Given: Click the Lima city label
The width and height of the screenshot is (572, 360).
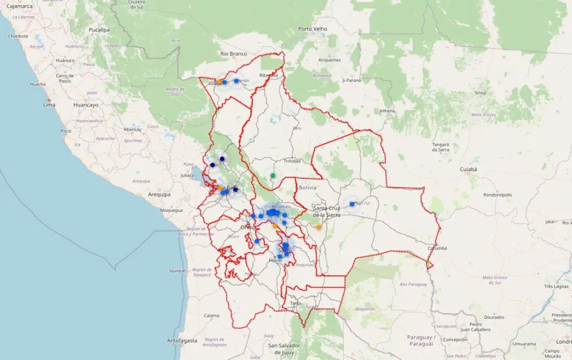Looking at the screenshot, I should [49, 105].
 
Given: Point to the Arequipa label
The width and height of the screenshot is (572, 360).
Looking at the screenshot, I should [159, 194].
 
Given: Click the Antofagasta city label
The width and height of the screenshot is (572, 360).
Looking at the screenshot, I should [182, 340].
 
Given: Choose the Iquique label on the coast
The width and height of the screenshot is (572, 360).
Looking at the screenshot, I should [177, 270].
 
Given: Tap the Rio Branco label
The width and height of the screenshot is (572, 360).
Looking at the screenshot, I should [234, 54].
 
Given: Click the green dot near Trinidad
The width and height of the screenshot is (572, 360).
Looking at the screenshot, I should [273, 175].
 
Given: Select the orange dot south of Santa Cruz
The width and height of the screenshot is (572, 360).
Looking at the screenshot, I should [319, 227].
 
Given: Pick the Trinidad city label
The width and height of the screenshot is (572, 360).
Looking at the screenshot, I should [292, 161].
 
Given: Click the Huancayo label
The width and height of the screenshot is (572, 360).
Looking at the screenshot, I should [86, 105].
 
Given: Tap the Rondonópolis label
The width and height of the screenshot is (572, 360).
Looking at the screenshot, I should [498, 195].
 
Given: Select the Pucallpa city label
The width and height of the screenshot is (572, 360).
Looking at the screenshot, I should [99, 29].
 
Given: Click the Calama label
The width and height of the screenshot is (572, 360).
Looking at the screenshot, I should [212, 315].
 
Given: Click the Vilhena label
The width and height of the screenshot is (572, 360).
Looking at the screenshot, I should [387, 110].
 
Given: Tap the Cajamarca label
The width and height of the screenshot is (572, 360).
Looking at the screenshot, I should [18, 6].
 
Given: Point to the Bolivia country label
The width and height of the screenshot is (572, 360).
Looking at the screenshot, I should [308, 187].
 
